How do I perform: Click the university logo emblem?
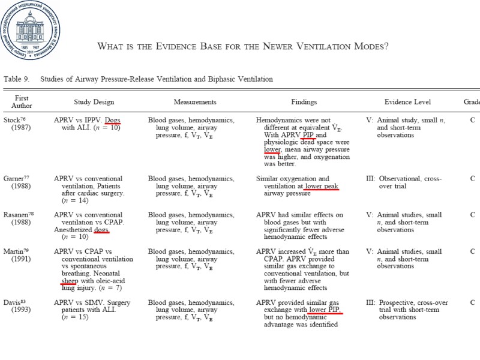click(30, 30)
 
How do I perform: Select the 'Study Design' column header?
click(94, 102)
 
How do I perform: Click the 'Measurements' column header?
click(195, 102)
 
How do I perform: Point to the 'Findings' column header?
click(305, 102)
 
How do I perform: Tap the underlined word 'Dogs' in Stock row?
click(112, 120)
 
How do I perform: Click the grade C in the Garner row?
click(472, 179)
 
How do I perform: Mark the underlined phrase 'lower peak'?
click(322, 186)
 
